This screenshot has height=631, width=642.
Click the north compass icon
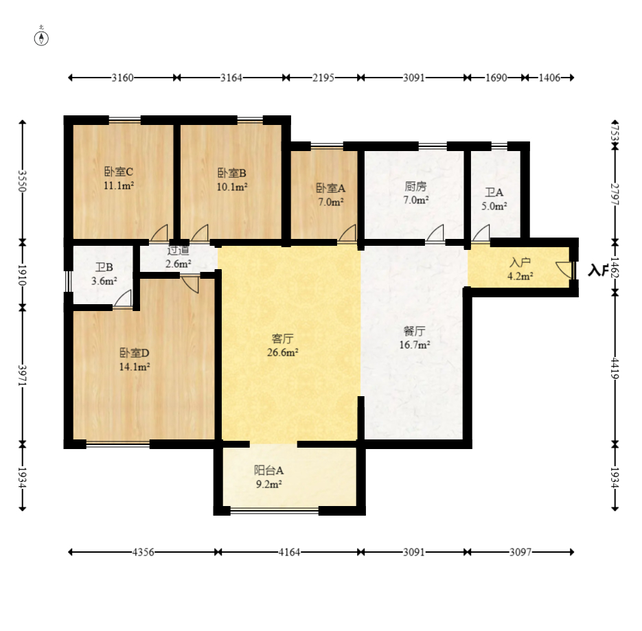click(41, 38)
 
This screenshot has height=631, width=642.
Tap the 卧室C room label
click(119, 172)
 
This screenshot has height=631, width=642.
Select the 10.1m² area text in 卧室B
click(232, 187)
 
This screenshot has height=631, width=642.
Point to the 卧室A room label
click(330, 188)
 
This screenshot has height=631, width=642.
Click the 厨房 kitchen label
click(415, 187)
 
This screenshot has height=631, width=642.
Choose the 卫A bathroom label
click(494, 192)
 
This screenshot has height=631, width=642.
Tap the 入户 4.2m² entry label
click(520, 269)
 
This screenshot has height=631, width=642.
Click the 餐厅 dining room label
click(414, 331)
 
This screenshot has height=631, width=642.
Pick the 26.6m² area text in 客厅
click(282, 352)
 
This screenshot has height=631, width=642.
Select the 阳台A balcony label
click(268, 470)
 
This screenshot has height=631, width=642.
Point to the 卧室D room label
click(135, 352)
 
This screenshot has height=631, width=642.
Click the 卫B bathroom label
click(104, 268)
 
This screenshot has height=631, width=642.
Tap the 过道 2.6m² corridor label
click(179, 257)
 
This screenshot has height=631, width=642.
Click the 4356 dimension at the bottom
click(144, 552)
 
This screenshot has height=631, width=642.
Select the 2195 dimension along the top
click(323, 78)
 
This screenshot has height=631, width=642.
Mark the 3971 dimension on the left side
click(22, 376)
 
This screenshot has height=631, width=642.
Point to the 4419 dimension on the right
click(615, 368)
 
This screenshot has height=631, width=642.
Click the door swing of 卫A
click(481, 233)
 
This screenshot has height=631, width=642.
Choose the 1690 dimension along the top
click(496, 78)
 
